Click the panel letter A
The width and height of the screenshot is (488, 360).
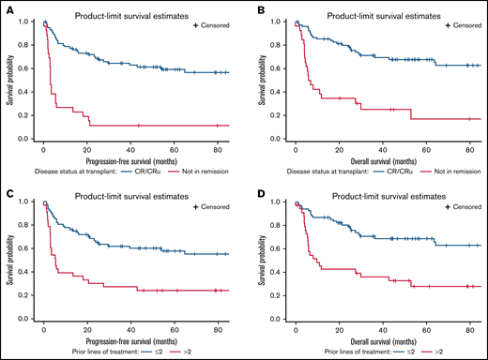(8, 11)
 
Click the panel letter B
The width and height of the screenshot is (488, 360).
(253, 11)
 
